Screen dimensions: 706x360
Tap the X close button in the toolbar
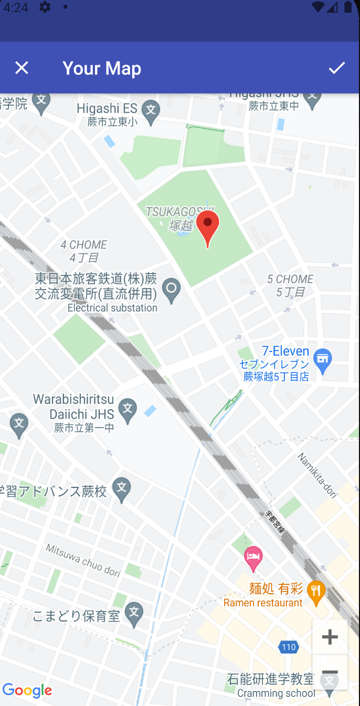(22, 68)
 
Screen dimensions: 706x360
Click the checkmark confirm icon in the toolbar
(337, 68)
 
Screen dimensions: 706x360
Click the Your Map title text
(102, 68)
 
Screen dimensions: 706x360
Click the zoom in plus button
(330, 637)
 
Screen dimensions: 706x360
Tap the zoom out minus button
(330, 672)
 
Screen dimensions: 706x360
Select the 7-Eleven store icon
(322, 359)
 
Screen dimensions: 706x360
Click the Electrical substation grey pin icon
(171, 289)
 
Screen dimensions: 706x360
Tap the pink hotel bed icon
(253, 558)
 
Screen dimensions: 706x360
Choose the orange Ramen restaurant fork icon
(315, 592)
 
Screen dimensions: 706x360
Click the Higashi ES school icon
(151, 111)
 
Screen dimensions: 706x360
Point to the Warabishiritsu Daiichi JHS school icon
(127, 409)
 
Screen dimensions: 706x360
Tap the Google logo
(27, 690)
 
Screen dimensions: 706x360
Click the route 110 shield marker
(289, 647)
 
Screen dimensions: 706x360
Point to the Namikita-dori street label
(317, 475)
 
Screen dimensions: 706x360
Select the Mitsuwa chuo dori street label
(83, 560)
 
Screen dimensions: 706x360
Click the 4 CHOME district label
(84, 251)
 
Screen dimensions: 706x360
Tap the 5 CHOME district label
(290, 285)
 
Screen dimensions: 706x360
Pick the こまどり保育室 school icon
(134, 613)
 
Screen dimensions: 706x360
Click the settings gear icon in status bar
(45, 7)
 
